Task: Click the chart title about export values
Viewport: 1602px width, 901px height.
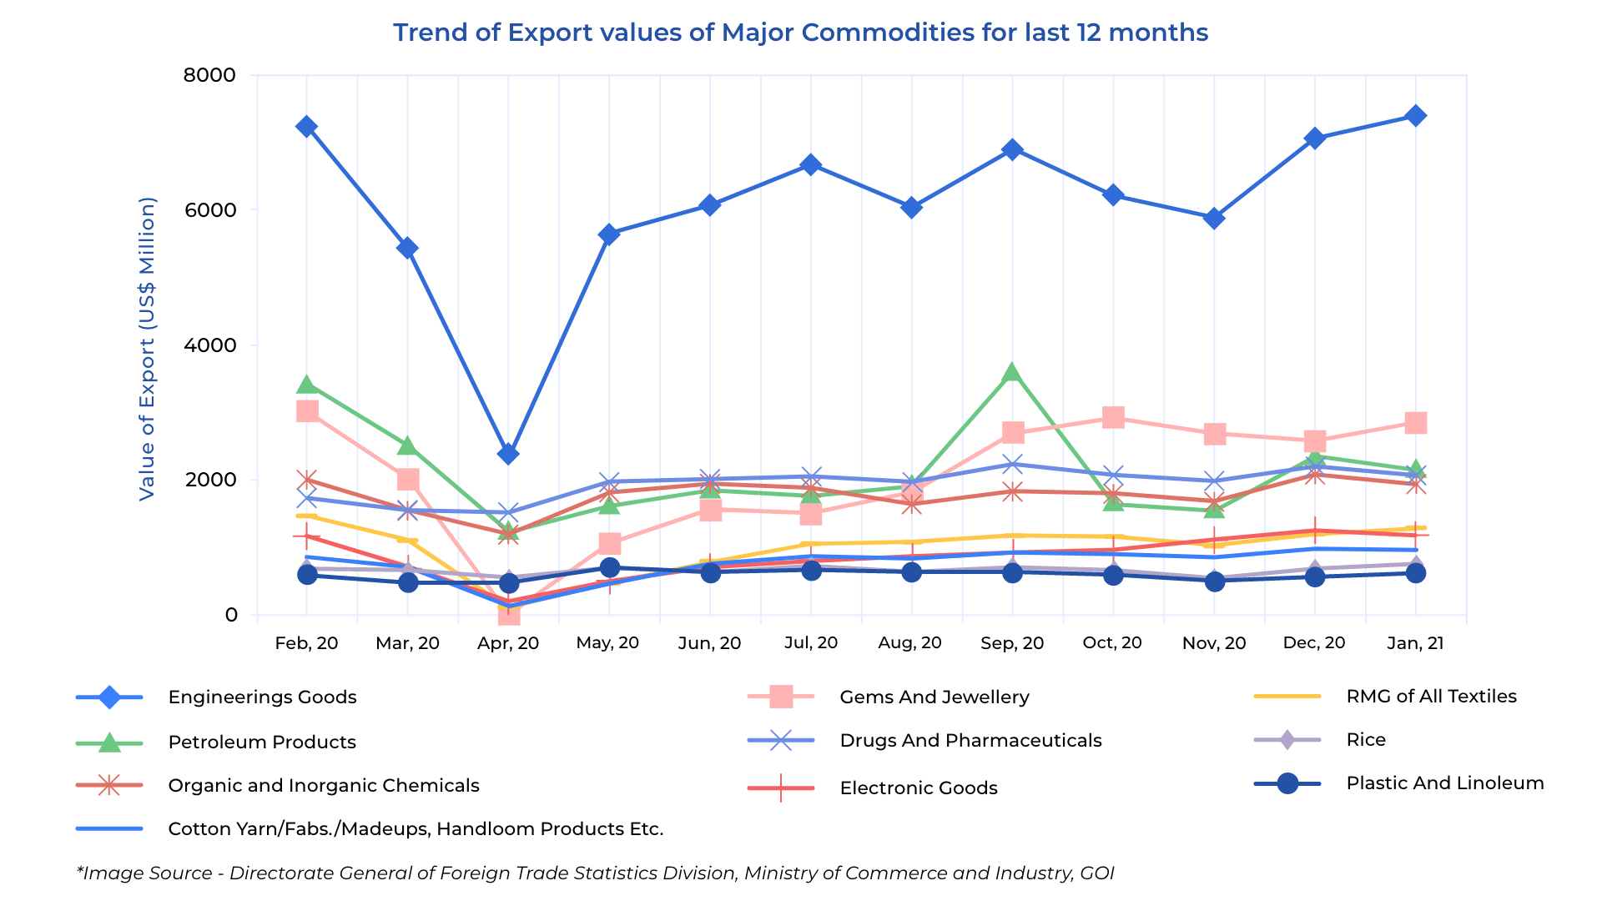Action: click(x=800, y=33)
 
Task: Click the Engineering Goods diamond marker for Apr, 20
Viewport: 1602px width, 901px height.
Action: click(x=508, y=454)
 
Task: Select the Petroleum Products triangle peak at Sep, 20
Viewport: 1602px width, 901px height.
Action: click(x=1012, y=372)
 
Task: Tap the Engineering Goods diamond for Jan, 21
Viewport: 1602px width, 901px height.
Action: click(x=1415, y=116)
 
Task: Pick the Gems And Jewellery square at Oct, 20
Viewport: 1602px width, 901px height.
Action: click(x=1113, y=417)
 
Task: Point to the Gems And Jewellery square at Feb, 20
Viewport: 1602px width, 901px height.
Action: click(x=307, y=411)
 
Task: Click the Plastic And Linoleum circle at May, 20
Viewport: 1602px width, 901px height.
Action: click(x=610, y=568)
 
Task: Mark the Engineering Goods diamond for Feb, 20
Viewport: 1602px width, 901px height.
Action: click(x=306, y=127)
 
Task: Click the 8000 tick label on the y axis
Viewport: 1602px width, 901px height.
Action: click(x=209, y=75)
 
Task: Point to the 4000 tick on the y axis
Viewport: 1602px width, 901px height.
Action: click(x=209, y=345)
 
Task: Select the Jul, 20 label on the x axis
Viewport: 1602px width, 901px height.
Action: click(x=811, y=643)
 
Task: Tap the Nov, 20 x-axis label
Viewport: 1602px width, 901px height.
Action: click(x=1214, y=643)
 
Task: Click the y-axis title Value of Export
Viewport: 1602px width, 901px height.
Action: click(x=147, y=349)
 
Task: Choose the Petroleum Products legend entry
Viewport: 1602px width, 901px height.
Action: click(x=262, y=742)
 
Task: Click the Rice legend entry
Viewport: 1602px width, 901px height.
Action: click(x=1366, y=740)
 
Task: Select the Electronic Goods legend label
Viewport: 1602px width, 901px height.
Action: click(x=919, y=788)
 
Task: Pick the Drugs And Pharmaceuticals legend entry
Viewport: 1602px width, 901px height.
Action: click(x=970, y=741)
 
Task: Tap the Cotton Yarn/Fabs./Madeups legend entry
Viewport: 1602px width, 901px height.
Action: click(x=416, y=829)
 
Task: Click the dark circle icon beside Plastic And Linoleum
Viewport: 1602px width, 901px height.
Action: click(x=1287, y=783)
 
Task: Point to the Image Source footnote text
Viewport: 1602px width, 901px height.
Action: click(x=595, y=873)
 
